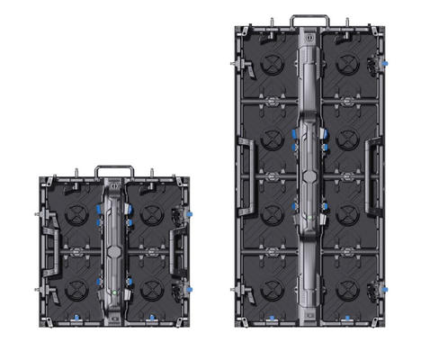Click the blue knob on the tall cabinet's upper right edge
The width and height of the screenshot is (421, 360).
point(384,64)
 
